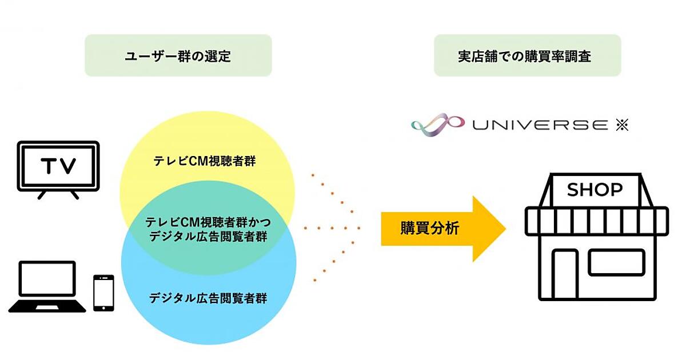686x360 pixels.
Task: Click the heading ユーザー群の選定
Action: (x=178, y=56)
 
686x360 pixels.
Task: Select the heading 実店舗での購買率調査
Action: (x=527, y=56)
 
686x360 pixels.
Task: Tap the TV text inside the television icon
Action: (x=58, y=166)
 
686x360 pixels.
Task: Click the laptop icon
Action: (x=47, y=287)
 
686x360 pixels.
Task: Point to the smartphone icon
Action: (x=103, y=293)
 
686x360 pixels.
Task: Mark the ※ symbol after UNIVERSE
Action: (x=622, y=125)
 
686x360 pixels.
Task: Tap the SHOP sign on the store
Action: (x=595, y=190)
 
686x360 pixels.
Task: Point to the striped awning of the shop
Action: (x=596, y=219)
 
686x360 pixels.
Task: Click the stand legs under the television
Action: (x=58, y=194)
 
